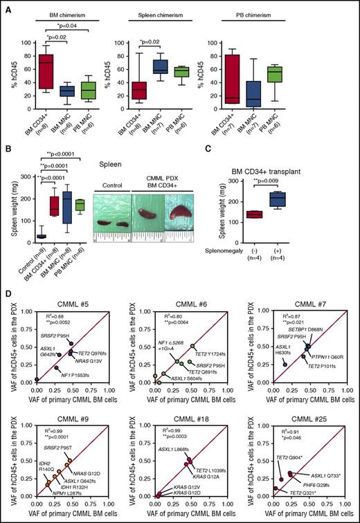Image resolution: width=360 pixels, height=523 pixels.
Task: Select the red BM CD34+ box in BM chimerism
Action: coord(46,62)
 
